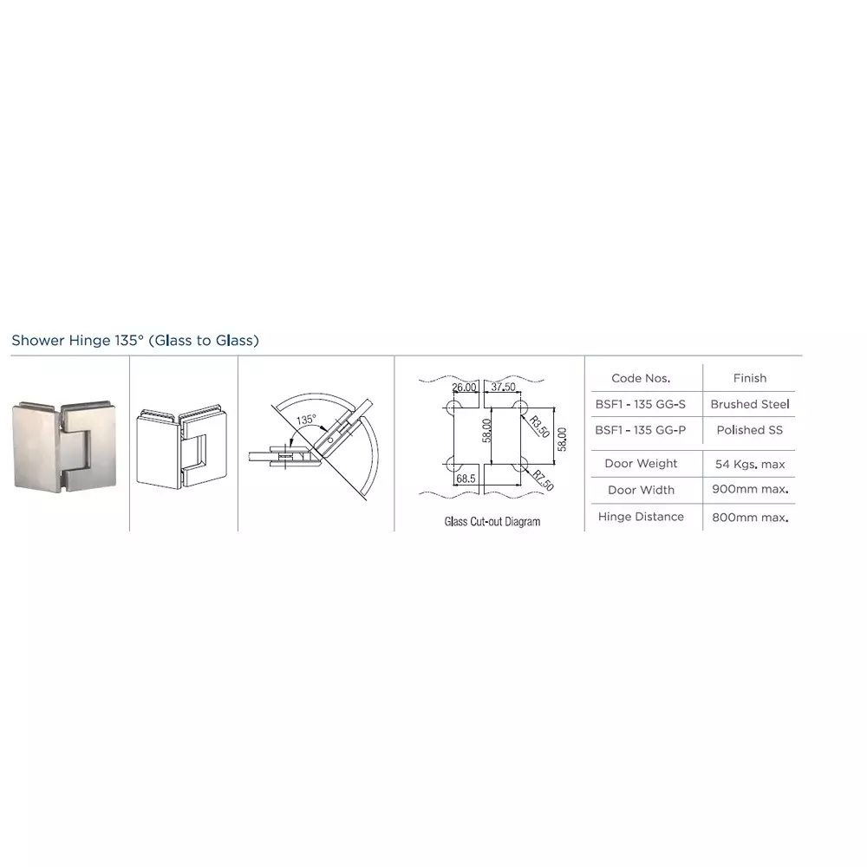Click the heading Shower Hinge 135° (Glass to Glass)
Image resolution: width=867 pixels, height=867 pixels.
click(135, 341)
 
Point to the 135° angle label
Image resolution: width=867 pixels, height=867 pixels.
click(306, 420)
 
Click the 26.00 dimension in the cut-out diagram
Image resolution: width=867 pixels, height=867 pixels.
click(465, 387)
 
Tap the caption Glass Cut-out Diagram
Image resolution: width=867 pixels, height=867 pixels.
click(492, 522)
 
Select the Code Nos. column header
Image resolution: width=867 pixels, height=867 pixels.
click(641, 378)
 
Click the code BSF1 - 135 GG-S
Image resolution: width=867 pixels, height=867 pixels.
click(641, 404)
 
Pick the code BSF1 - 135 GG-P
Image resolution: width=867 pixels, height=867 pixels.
click(641, 430)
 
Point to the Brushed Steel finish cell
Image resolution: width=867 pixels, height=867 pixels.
click(750, 404)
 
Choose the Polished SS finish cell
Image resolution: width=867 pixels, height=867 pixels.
click(750, 430)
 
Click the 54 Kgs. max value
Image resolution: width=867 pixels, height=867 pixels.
click(750, 464)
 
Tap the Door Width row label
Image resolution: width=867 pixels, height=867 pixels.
click(641, 490)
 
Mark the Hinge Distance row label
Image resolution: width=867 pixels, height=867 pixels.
click(641, 517)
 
